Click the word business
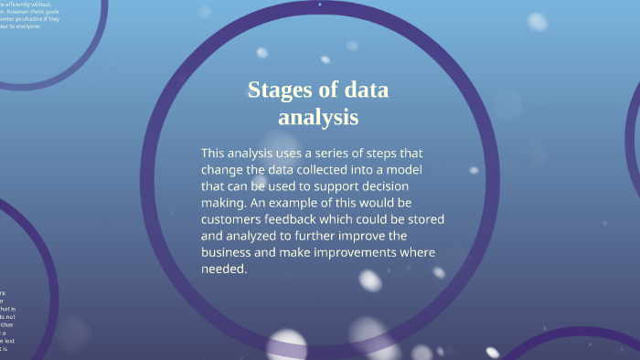click(x=230, y=253)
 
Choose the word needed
click(x=224, y=270)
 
